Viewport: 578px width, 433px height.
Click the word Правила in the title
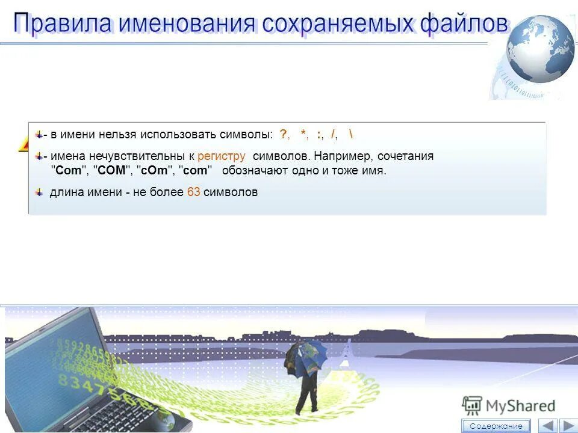tap(63, 24)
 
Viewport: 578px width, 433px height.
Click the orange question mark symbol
tap(283, 134)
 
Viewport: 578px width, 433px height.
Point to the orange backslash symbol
tap(351, 134)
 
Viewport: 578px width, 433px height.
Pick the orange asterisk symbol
tap(303, 134)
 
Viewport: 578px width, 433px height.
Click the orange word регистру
tap(221, 156)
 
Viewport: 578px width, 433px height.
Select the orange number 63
tap(194, 192)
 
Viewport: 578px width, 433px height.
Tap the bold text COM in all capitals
tap(111, 171)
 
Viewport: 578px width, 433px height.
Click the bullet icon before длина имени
tap(39, 192)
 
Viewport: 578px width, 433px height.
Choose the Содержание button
tap(496, 426)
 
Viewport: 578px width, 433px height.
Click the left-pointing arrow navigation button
tap(547, 426)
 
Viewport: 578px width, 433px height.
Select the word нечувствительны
tap(131, 156)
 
